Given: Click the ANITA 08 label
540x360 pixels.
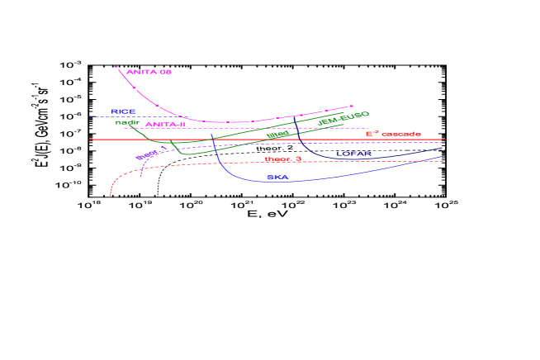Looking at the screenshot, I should coord(149,73).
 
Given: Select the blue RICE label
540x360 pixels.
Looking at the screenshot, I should coord(123,111).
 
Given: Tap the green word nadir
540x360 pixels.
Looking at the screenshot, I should coord(126,122).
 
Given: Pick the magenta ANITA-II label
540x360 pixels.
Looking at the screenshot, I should coord(165,125).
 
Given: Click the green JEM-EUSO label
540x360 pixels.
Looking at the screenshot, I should coord(343,118).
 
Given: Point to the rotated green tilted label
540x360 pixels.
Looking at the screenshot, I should coord(278,135).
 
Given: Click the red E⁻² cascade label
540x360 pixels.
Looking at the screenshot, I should coord(393,134).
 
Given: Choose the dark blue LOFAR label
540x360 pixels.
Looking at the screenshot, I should coord(353,154).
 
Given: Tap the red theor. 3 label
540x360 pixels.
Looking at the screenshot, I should coord(282,159).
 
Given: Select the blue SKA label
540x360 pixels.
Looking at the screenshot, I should coord(277,178).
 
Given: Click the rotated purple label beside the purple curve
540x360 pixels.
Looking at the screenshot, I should coord(146,154).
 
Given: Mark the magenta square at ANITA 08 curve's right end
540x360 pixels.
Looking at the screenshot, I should coord(352,107).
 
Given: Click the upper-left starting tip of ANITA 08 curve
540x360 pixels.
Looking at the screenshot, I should coord(116,66).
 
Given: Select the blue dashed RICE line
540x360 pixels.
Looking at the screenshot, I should coord(103,116).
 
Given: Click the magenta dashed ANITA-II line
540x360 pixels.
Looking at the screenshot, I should coord(248,129).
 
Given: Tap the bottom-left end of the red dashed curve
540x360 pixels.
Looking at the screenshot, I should coord(110,195).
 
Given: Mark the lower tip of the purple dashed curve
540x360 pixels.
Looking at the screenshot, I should coord(142,175).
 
